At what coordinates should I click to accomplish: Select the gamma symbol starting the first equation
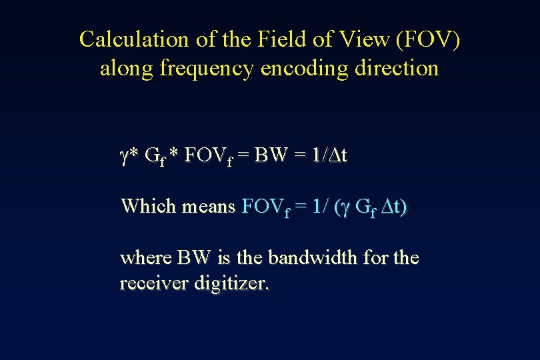(x=124, y=157)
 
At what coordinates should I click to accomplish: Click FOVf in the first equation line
(x=208, y=157)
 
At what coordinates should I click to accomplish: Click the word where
(x=145, y=257)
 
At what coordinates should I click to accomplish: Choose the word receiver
(x=154, y=283)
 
